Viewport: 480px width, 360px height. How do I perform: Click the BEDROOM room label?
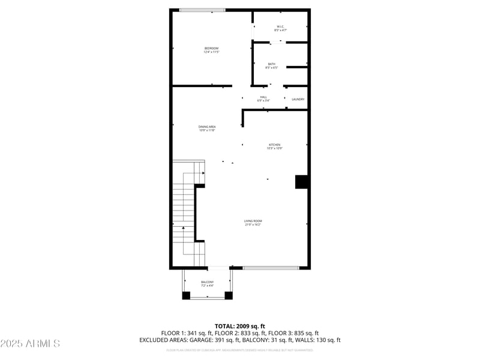(x=211, y=48)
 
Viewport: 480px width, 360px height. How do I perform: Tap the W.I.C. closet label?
(x=280, y=26)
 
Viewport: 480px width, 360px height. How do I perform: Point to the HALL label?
(x=263, y=97)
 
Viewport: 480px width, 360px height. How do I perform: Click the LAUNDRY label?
(x=298, y=100)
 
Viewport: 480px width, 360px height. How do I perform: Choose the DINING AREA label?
(x=207, y=126)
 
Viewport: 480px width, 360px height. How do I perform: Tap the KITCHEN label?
(x=274, y=145)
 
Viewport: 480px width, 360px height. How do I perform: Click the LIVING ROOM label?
(x=253, y=221)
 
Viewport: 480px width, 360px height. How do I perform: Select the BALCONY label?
(x=207, y=282)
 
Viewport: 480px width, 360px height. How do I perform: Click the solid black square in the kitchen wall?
(x=302, y=182)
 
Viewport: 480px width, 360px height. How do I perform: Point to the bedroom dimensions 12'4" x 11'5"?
(x=211, y=52)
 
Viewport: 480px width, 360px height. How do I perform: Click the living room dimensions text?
(x=253, y=225)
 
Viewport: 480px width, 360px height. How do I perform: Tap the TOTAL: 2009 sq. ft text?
(x=240, y=326)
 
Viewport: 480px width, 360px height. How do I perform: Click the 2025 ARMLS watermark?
(x=30, y=344)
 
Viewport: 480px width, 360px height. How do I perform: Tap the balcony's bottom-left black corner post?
(x=186, y=295)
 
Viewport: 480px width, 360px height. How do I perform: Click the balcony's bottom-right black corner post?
(x=228, y=295)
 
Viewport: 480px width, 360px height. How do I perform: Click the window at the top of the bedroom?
(x=202, y=10)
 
